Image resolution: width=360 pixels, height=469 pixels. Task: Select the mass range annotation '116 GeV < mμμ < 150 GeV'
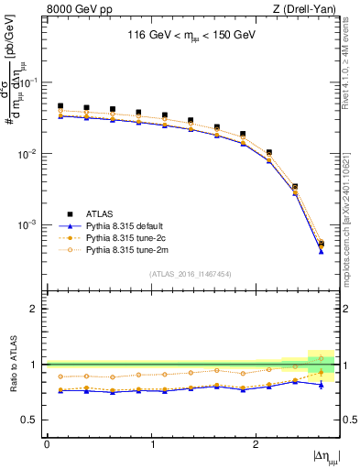[191, 38]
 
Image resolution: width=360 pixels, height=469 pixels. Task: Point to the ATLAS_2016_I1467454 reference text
[190, 274]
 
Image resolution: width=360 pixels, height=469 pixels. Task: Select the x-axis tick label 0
[47, 443]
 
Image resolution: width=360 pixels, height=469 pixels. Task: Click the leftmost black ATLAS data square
[60, 106]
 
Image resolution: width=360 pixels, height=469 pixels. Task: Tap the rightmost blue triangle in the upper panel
[321, 251]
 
